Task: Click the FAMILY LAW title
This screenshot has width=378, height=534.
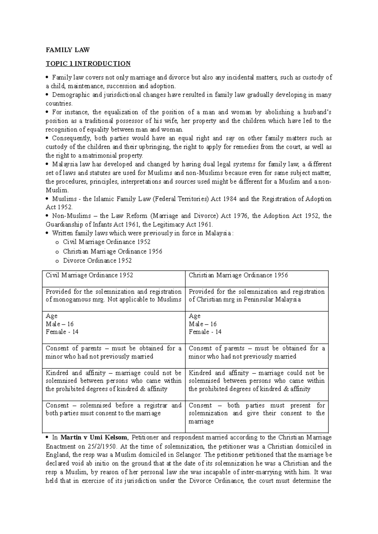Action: pos(68,50)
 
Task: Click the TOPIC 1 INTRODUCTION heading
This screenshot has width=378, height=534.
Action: pos(88,64)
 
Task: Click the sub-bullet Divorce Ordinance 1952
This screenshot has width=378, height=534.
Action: pos(97,260)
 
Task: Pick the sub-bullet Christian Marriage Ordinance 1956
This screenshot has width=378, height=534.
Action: pos(112,251)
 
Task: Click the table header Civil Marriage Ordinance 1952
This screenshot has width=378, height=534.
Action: pos(89,275)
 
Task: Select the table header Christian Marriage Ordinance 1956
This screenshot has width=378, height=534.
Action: pos(238,275)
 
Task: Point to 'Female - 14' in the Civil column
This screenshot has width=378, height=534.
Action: pos(62,332)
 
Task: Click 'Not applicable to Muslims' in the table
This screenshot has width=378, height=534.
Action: pos(145,299)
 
